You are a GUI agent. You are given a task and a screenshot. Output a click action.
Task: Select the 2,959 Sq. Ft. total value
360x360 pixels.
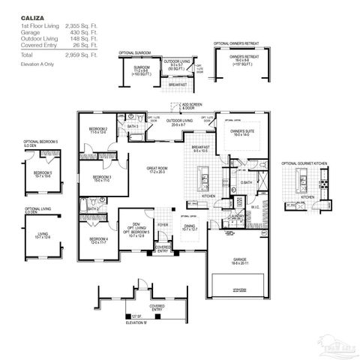82,55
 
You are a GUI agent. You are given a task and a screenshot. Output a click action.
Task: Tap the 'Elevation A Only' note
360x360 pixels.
37,65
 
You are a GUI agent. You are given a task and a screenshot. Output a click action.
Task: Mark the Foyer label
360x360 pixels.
163,223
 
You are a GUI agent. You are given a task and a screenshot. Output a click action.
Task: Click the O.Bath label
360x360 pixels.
245,183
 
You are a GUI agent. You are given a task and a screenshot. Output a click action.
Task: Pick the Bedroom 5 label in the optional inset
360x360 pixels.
42,174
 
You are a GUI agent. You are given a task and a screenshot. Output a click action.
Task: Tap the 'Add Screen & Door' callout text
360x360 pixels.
193,106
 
